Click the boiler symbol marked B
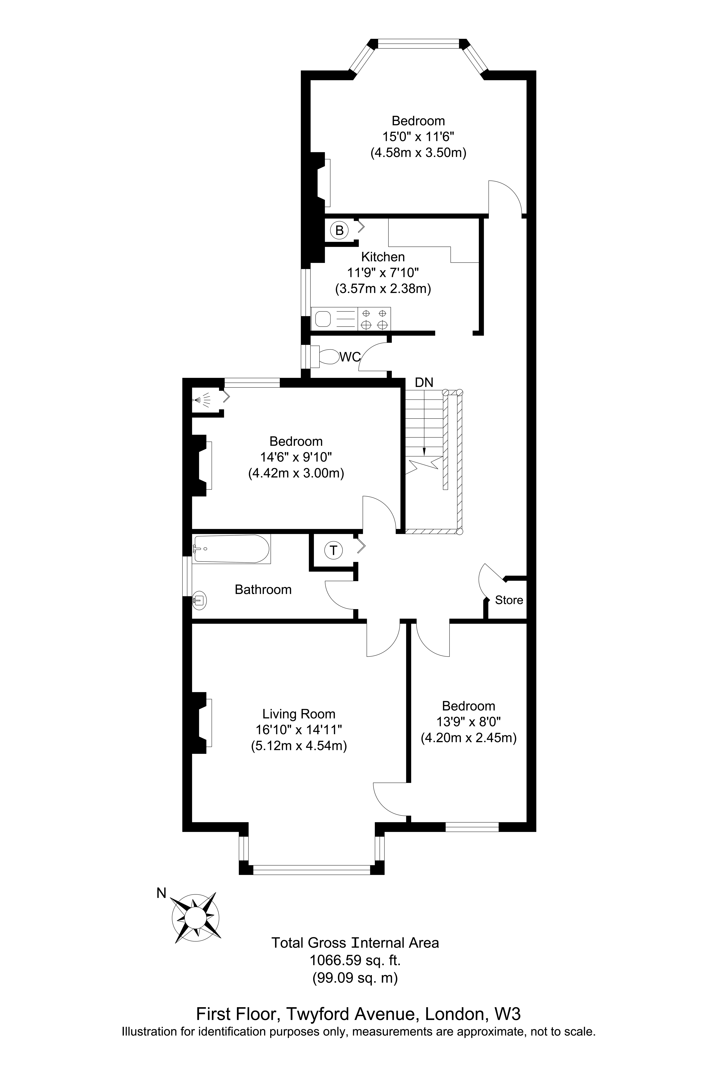point(339,230)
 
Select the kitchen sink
point(323,319)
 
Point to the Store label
point(509,600)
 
